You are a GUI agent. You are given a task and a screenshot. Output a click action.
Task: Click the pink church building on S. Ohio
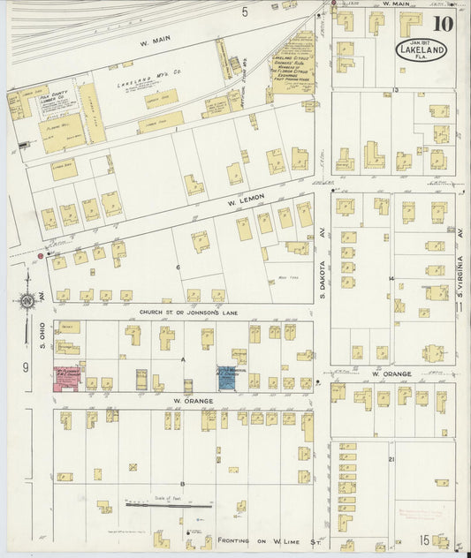(x=66, y=375)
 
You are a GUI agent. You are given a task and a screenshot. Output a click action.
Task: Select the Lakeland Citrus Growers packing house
(x=292, y=66)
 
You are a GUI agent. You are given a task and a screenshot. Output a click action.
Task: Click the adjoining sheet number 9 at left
(x=27, y=366)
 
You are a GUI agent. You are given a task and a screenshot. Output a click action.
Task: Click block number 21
(x=390, y=459)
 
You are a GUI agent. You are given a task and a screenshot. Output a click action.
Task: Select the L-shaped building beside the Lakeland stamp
(x=373, y=157)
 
